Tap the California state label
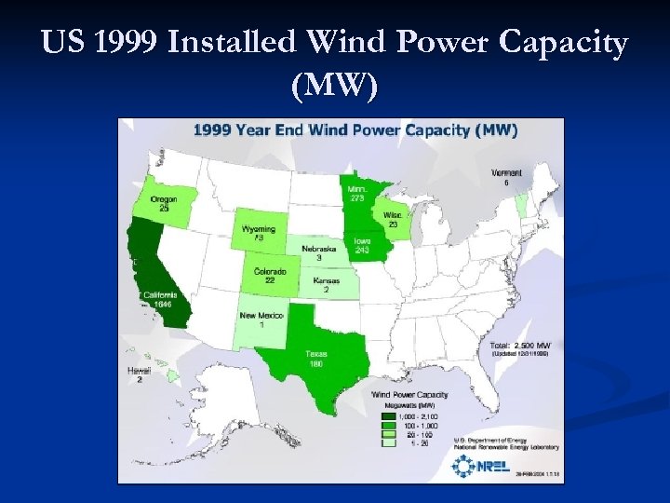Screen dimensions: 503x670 click(163, 294)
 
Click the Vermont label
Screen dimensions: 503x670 click(507, 173)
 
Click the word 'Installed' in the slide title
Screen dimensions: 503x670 click(244, 43)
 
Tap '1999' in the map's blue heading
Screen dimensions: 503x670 click(214, 130)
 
